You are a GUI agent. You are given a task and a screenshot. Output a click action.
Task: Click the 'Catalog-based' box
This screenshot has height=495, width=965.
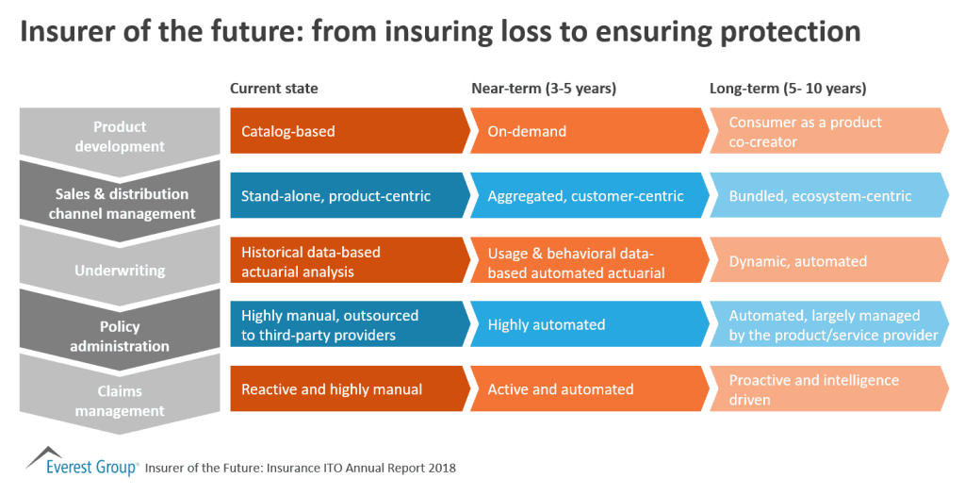coord(350,130)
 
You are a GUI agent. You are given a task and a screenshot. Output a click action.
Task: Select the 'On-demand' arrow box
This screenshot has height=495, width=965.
coord(590,130)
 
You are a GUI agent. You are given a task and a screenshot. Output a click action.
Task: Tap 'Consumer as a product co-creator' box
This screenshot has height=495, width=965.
coord(829,130)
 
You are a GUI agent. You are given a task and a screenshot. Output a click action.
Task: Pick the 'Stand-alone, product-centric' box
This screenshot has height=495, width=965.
coord(350,195)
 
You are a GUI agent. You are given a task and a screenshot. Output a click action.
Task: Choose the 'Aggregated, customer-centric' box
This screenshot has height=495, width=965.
coord(590,195)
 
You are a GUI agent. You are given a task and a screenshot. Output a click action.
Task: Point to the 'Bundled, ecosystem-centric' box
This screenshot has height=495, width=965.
coord(829,195)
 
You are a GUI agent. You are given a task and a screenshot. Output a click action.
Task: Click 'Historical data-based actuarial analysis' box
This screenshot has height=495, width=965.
coord(350,260)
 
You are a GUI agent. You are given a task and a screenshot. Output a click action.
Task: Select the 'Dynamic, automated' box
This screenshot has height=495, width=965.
coord(829,260)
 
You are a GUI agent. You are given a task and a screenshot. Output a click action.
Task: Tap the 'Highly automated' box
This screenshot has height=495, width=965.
coord(590,323)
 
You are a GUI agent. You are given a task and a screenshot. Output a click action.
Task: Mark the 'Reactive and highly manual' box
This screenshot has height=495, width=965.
coord(350,388)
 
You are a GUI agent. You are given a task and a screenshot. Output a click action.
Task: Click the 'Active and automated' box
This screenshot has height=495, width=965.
coord(590,388)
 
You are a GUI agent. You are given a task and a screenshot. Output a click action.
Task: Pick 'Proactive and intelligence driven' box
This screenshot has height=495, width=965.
coord(829,388)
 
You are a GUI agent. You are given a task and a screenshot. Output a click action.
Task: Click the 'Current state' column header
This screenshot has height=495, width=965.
coord(274,89)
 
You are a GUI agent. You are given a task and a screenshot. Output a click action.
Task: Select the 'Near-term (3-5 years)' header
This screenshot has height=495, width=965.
coord(544,89)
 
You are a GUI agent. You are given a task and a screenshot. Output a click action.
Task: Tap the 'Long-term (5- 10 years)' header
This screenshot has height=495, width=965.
coord(788,89)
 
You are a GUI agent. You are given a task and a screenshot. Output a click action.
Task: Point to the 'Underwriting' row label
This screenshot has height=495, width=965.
coord(120,271)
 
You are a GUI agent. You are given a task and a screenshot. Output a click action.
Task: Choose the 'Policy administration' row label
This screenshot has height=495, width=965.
coord(120,336)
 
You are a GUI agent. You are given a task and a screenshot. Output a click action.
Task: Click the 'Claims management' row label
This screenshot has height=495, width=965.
coord(120,400)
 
